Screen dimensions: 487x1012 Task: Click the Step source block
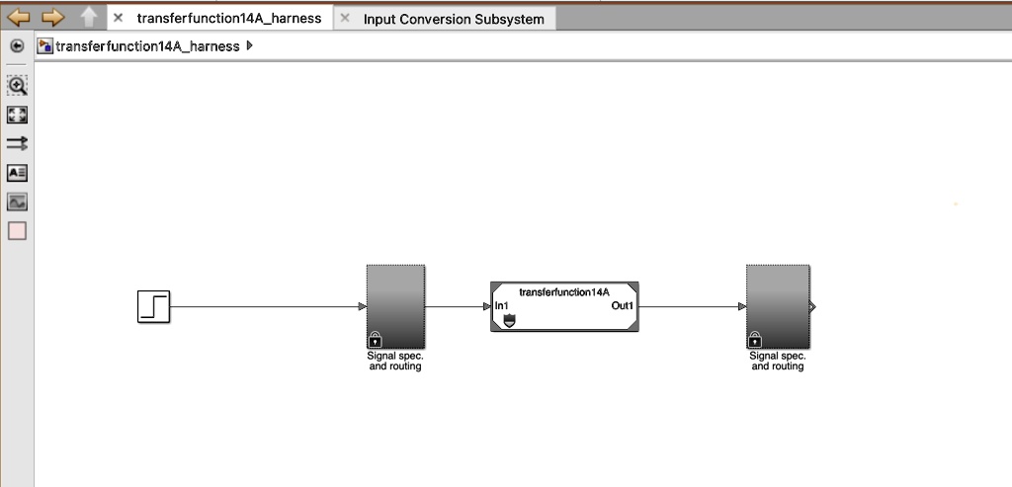coord(153,307)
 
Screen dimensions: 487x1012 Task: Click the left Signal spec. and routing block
coord(395,302)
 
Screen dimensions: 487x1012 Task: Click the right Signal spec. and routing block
coord(777,302)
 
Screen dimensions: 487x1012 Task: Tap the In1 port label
coord(501,306)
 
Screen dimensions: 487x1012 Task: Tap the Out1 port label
coord(623,306)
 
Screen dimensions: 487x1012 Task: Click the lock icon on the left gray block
coord(376,339)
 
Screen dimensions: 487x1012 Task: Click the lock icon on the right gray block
coord(756,339)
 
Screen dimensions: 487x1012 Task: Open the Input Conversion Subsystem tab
coord(454,19)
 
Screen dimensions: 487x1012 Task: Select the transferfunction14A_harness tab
coord(228,18)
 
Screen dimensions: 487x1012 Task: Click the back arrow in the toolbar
coord(19,17)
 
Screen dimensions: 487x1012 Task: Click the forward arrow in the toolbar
coord(52,17)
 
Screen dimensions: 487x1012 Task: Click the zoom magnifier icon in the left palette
coord(17,85)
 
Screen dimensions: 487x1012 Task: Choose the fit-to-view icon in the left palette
coord(17,115)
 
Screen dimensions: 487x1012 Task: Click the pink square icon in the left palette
coord(17,231)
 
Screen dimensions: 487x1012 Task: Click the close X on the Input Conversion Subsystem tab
coord(345,18)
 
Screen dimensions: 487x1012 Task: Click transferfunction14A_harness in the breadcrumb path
coord(147,46)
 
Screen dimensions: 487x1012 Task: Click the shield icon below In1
coord(509,322)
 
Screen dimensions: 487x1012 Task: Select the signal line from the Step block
coord(267,307)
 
